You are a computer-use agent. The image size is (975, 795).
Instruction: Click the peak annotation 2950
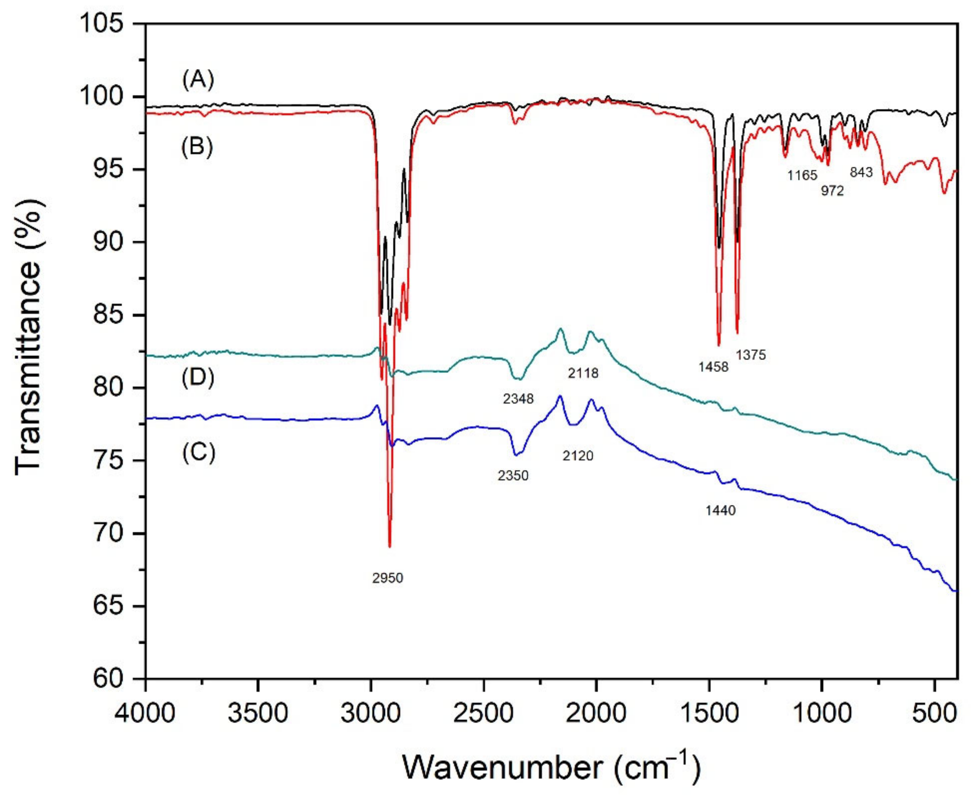pos(387,578)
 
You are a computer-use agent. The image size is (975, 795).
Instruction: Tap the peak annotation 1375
pos(751,355)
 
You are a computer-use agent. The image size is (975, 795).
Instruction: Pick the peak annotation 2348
pos(518,399)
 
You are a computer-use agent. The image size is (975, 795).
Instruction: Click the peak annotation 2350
pos(513,476)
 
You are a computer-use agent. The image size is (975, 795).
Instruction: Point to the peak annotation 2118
pos(583,373)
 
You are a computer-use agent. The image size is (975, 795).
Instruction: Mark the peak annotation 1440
pos(721,510)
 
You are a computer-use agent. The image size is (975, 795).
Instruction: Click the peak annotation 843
pos(861,172)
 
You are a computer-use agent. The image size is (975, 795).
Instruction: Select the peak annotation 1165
pos(802,175)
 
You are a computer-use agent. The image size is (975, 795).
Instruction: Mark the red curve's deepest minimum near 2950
pos(390,546)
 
